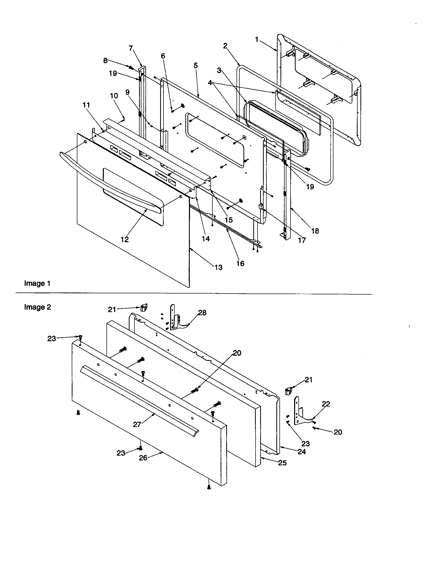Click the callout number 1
pyautogui.click(x=257, y=40)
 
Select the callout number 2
pyautogui.click(x=225, y=46)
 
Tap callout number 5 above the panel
pyautogui.click(x=195, y=65)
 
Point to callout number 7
pyautogui.click(x=131, y=48)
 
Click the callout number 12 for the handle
pyautogui.click(x=124, y=239)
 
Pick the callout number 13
pyautogui.click(x=219, y=267)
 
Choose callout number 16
pyautogui.click(x=240, y=263)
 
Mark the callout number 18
pyautogui.click(x=315, y=231)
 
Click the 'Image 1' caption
pyautogui.click(x=37, y=283)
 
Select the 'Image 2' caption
pyautogui.click(x=38, y=307)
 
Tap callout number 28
pyautogui.click(x=202, y=313)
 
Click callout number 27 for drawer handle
pyautogui.click(x=137, y=424)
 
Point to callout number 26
pyautogui.click(x=143, y=458)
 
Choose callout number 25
pyautogui.click(x=282, y=463)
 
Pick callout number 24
pyautogui.click(x=302, y=452)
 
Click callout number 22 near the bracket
pyautogui.click(x=326, y=404)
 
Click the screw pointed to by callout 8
pyautogui.click(x=131, y=68)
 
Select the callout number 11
pyautogui.click(x=86, y=105)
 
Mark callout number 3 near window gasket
pyautogui.click(x=219, y=70)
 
